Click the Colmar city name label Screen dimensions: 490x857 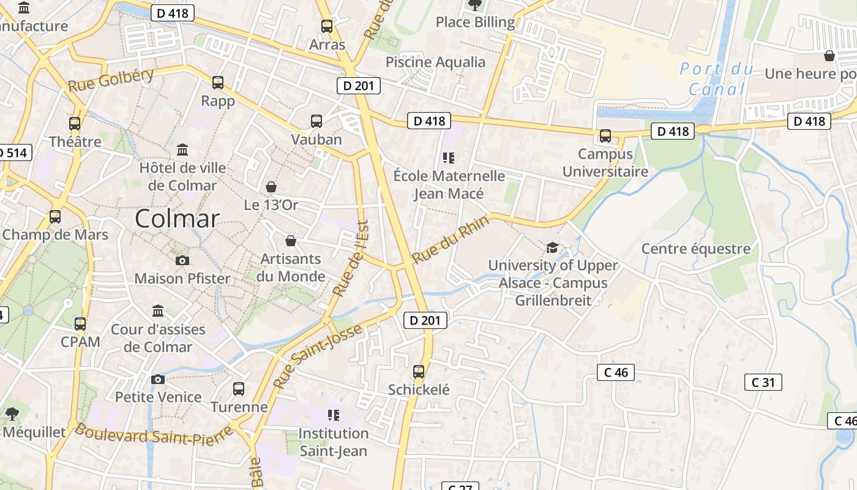coord(177,219)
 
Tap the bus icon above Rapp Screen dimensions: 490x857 coord(218,83)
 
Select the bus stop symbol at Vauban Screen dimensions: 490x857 coord(316,121)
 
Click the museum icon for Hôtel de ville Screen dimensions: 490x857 coord(182,149)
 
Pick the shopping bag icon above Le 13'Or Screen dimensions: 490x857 coord(271,186)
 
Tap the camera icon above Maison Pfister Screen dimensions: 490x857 coord(182,260)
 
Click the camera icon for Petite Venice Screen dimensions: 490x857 coord(158,379)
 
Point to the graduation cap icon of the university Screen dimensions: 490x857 coord(552,248)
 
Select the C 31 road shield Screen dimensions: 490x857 coord(763,382)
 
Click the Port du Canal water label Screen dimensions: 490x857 coord(717,79)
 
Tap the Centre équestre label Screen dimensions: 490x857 coord(696,249)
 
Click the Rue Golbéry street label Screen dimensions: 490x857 coord(111,80)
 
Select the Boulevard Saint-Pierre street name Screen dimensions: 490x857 coord(154,435)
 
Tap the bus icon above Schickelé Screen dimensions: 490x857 coord(419,372)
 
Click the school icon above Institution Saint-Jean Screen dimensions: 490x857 coord(334,415)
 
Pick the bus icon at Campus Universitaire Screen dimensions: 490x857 coord(605,136)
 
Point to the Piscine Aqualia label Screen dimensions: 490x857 coord(435,62)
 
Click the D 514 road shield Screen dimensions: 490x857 coord(13,153)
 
